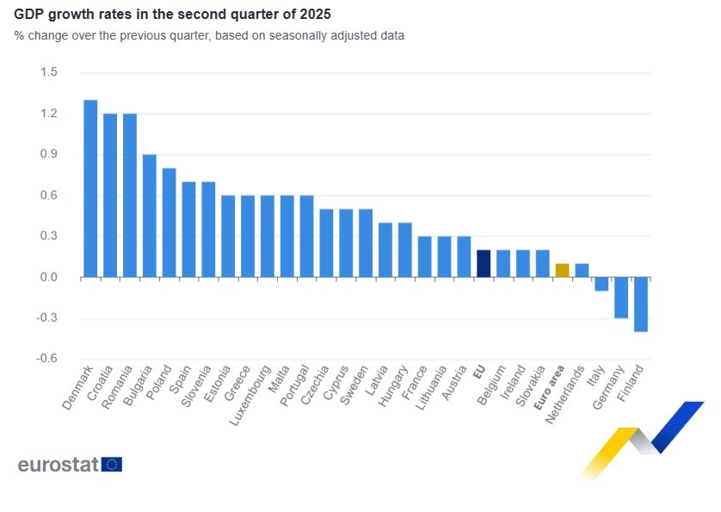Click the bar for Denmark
(x=90, y=188)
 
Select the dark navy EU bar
(x=484, y=263)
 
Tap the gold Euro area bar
(x=562, y=270)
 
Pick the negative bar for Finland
(x=641, y=304)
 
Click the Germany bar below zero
(x=621, y=297)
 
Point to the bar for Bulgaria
(x=150, y=216)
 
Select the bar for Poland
(x=169, y=222)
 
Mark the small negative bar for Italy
(x=601, y=284)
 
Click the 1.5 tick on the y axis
(x=49, y=72)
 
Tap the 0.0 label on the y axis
(x=49, y=277)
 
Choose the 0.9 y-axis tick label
(x=49, y=154)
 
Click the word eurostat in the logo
(x=57, y=465)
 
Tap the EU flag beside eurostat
(x=112, y=465)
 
